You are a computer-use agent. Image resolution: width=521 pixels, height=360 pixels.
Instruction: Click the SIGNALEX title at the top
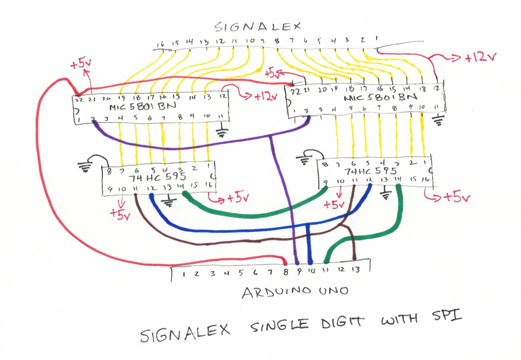(x=257, y=26)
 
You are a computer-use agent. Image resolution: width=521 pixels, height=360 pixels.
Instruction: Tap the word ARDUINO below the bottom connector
(x=277, y=292)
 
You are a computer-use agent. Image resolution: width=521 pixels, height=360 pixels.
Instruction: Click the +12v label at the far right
(x=480, y=58)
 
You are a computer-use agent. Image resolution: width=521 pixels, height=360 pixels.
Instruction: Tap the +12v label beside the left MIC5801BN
(x=265, y=96)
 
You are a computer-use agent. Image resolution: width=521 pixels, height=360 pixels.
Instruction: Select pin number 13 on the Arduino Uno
(x=356, y=269)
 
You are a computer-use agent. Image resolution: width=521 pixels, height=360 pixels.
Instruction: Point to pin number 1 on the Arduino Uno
(x=184, y=274)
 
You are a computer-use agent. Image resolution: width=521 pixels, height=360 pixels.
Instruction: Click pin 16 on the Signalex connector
(x=160, y=44)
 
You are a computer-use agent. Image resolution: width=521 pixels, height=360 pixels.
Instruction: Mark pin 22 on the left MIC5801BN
(x=79, y=99)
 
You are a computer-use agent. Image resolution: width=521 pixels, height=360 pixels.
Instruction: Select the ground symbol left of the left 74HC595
(x=85, y=166)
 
